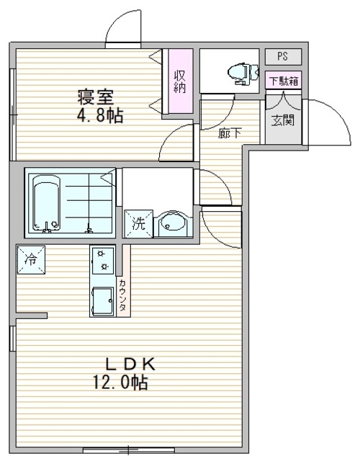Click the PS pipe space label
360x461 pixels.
pos(282,56)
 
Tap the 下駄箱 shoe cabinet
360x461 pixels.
pos(284,80)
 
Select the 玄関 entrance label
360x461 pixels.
pos(283,120)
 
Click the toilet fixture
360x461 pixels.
pos(243,73)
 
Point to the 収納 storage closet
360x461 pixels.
pos(180,81)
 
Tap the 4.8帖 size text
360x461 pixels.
pos(100,115)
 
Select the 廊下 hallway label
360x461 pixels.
pos(230,134)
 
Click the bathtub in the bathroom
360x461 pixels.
pos(46,203)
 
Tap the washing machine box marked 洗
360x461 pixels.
pos(139,223)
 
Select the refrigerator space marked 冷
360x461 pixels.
pos(31,259)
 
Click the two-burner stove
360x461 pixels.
pos(103,260)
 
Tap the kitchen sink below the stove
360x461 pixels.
pos(102,301)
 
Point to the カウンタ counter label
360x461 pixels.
pos(123,295)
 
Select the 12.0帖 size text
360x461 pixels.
pos(120,382)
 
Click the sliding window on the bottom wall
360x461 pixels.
pos(129,449)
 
